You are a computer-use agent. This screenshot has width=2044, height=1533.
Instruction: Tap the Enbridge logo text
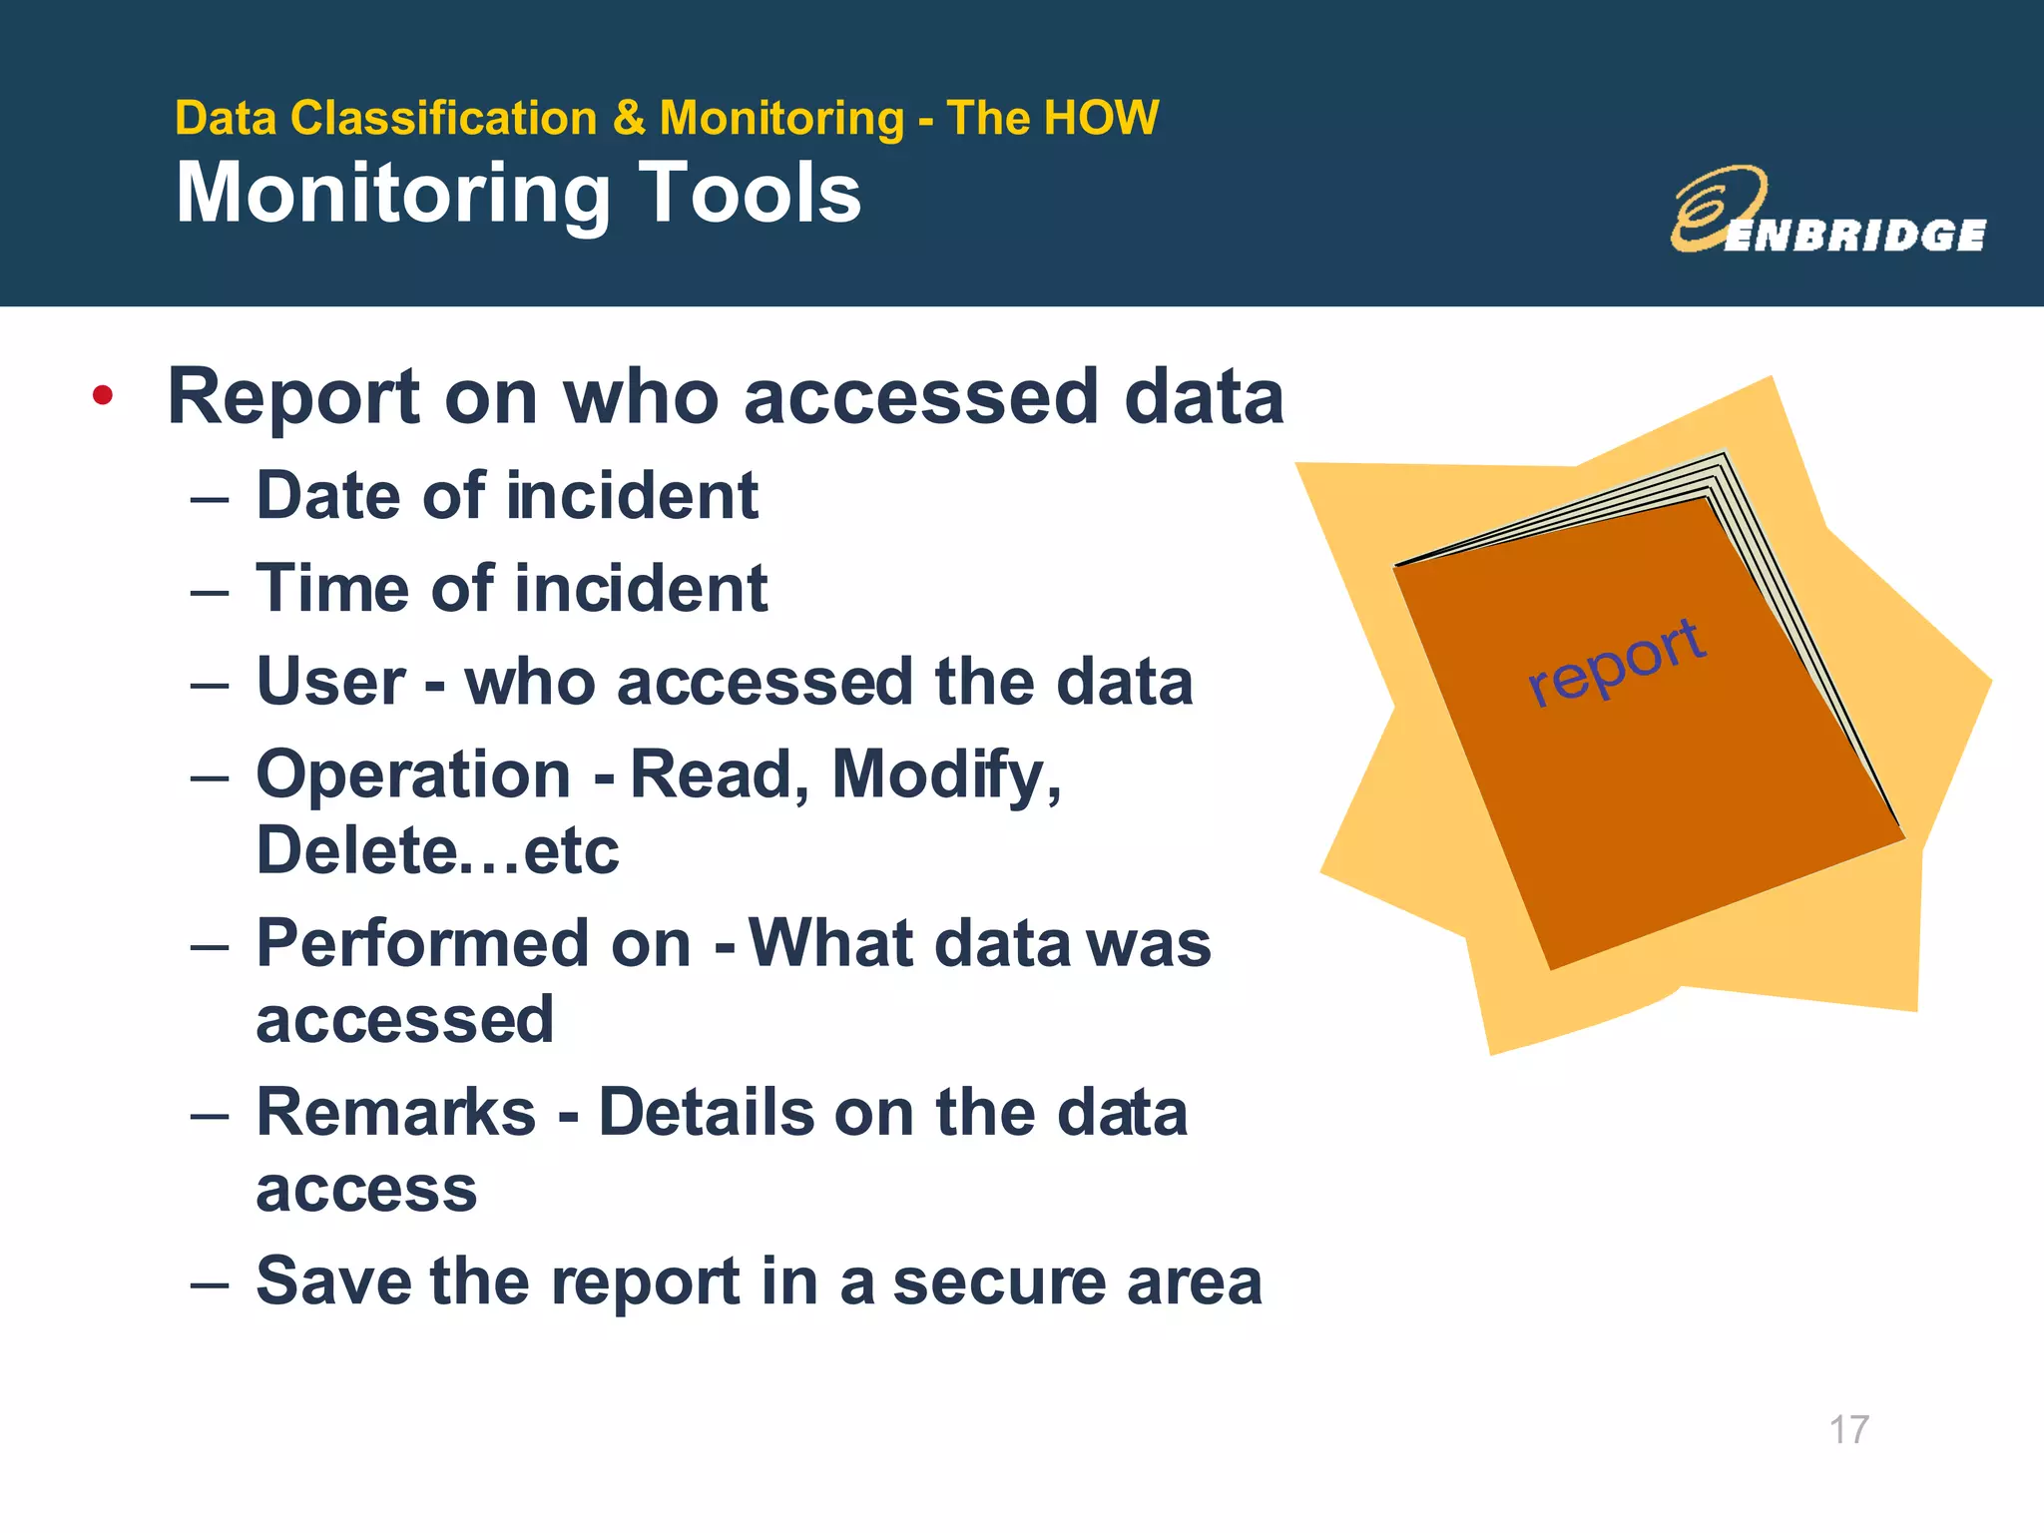[1854, 236]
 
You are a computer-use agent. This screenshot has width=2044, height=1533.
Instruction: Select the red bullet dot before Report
[102, 396]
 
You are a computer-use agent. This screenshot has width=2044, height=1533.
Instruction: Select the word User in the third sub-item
[330, 682]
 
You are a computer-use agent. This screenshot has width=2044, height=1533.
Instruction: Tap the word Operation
[413, 774]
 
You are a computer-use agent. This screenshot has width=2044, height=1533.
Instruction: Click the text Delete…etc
[437, 851]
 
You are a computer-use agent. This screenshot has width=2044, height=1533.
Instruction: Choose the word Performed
[423, 943]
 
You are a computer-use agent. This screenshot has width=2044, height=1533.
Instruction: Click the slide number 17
[1848, 1429]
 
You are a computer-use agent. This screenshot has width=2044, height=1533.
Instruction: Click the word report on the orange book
[1617, 661]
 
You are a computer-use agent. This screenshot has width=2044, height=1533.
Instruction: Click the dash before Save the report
[210, 1282]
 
